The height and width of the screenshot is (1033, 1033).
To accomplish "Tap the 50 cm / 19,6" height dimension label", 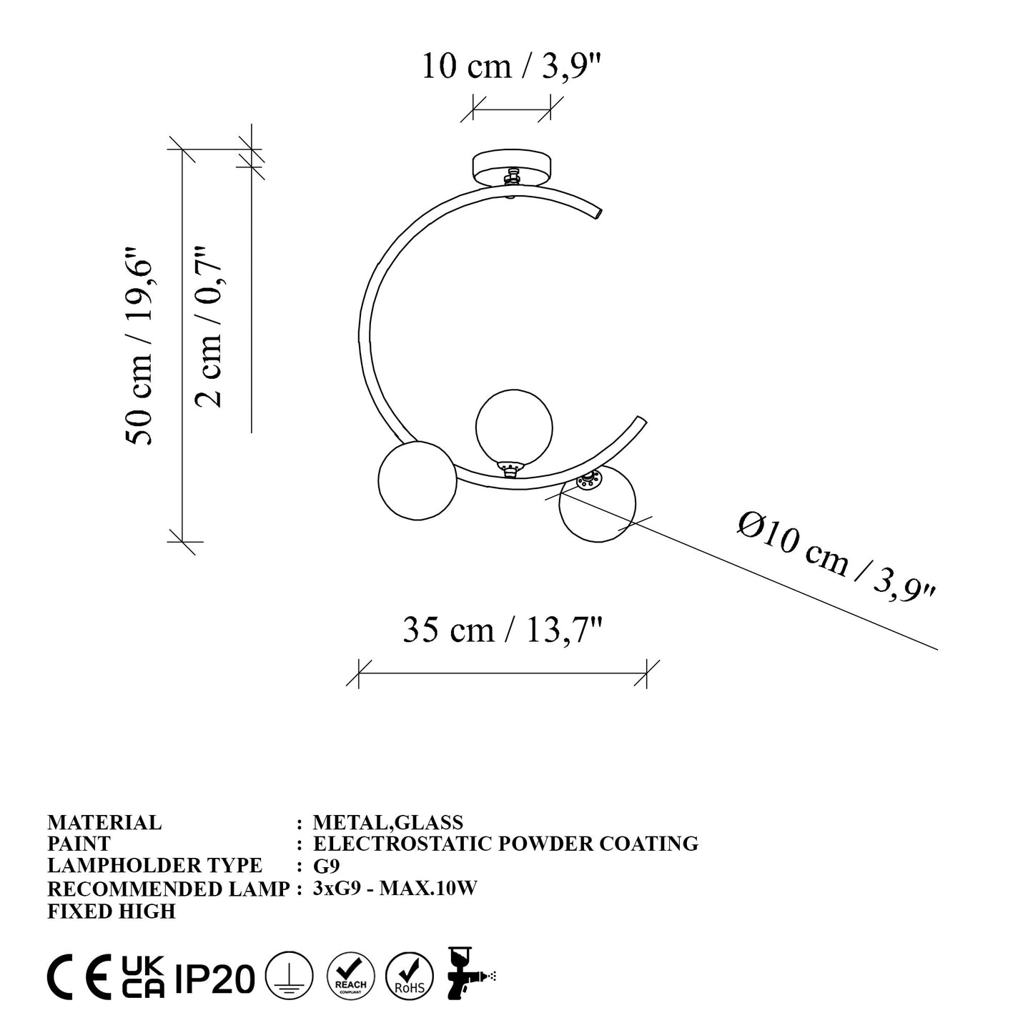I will (x=139, y=347).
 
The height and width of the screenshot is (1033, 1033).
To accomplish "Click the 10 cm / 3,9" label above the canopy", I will (x=512, y=66).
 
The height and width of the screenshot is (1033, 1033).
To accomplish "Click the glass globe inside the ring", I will (x=514, y=426).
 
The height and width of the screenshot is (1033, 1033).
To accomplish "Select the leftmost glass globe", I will (x=417, y=480).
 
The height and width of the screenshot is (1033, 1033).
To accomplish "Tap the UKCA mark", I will (x=142, y=977).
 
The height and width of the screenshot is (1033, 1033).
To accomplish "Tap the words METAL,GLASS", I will (x=388, y=823).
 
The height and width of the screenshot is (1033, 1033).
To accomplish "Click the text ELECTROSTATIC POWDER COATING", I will (x=505, y=844).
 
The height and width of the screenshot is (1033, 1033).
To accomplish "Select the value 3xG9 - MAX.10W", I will (x=395, y=889).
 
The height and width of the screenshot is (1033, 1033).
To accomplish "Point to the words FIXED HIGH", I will (x=111, y=911).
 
